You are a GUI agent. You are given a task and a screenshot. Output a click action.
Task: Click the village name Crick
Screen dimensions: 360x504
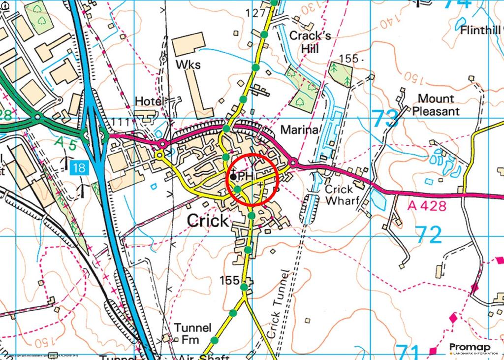[208, 221]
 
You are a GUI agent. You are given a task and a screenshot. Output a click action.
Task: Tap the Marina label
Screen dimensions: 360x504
[299, 130]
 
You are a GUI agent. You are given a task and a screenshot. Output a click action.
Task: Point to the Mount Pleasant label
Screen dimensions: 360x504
[436, 105]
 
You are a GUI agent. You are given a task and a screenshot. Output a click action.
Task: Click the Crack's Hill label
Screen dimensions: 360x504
[310, 42]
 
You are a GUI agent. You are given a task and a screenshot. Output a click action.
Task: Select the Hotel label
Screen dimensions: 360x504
[149, 101]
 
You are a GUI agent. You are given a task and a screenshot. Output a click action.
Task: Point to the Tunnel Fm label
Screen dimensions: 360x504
[192, 333]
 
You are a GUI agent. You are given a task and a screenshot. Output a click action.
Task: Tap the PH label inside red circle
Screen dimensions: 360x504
[245, 176]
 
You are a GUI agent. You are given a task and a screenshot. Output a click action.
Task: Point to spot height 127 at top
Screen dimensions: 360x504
[255, 14]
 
